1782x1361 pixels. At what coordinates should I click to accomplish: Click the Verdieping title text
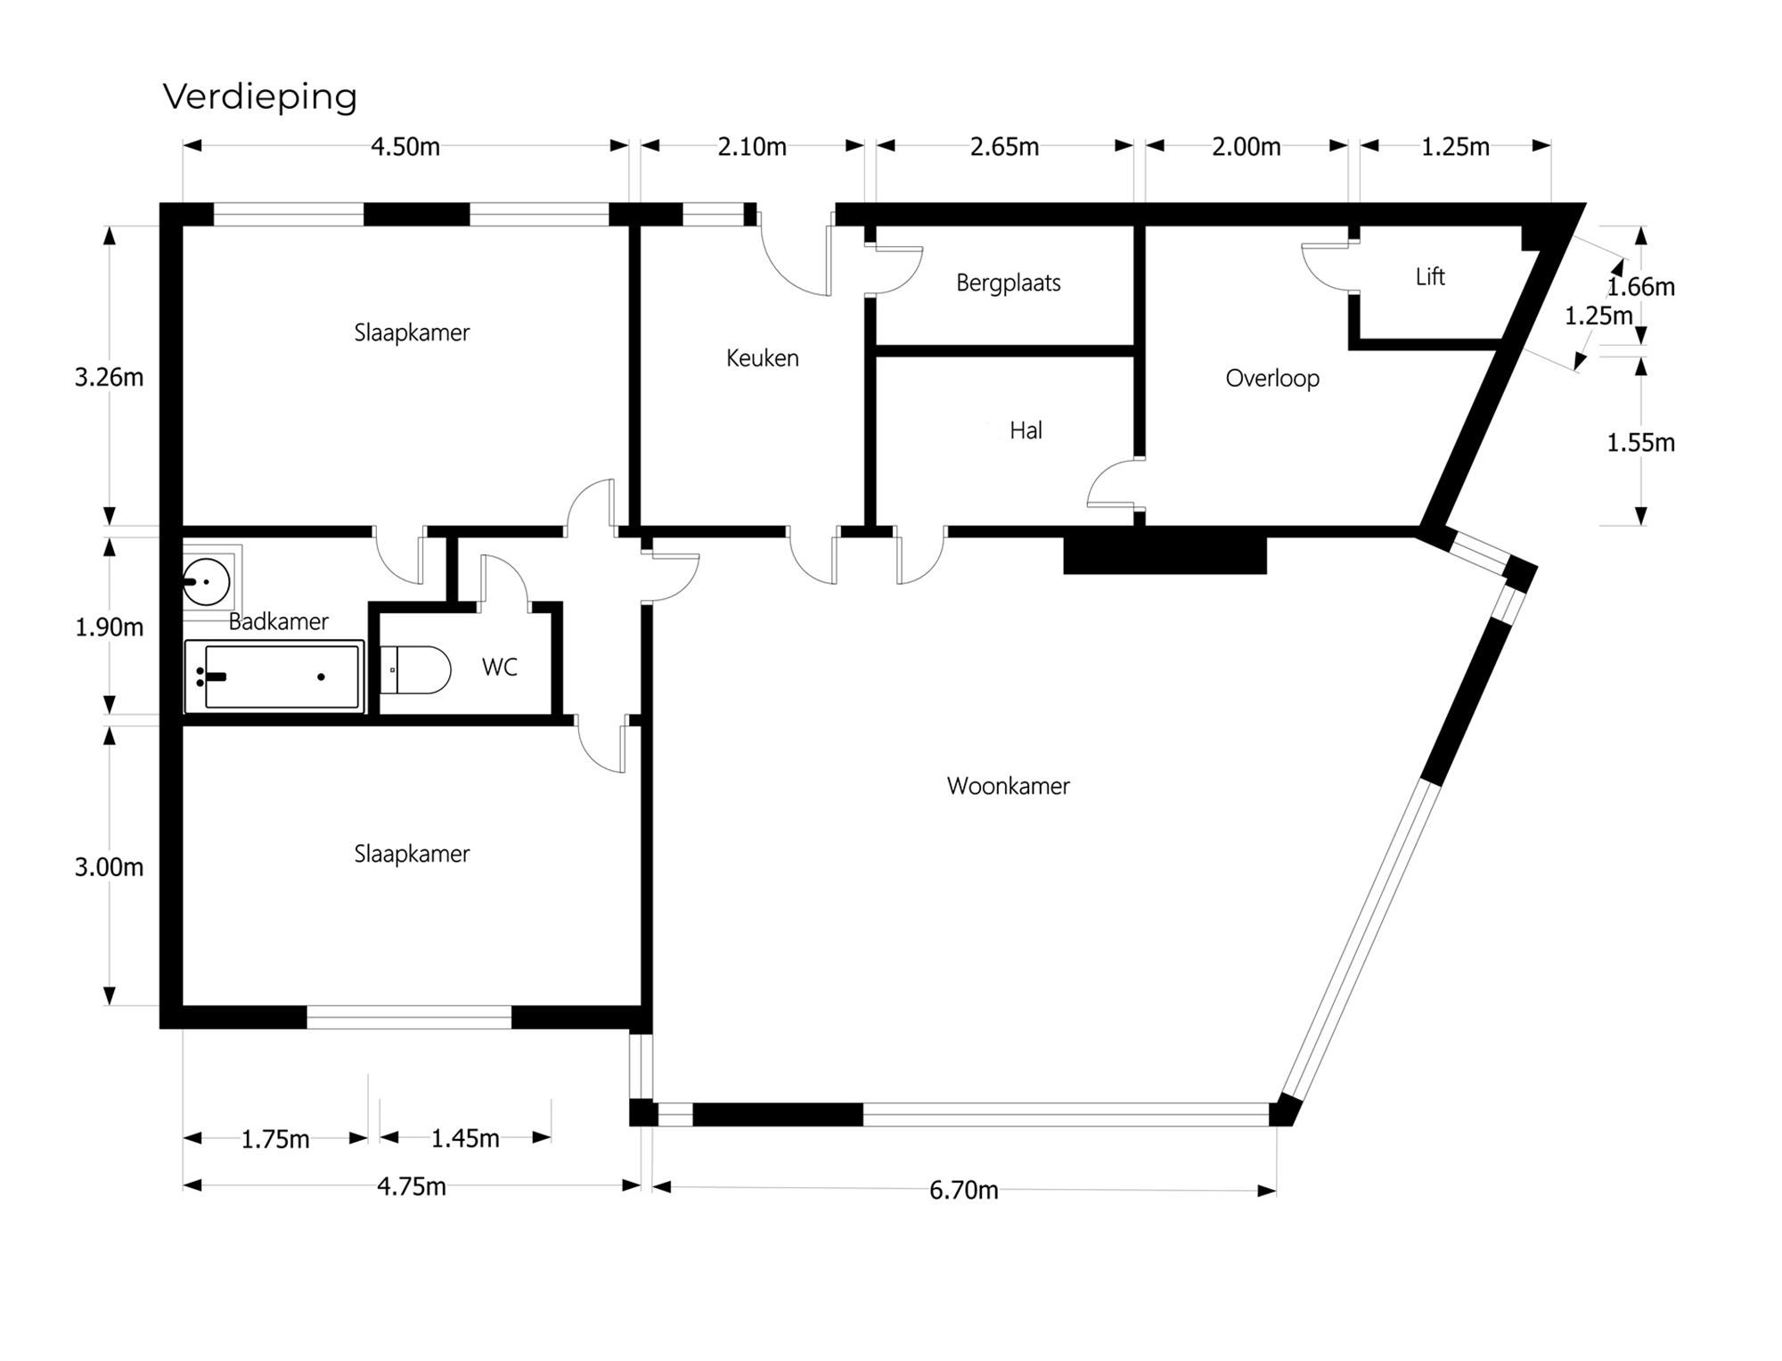tap(259, 96)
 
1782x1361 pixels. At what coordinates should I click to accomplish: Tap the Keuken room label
tap(762, 358)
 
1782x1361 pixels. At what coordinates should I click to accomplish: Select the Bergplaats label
tap(1008, 283)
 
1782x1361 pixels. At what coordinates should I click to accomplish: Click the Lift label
tap(1429, 277)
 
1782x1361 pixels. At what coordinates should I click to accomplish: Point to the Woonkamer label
tap(1008, 786)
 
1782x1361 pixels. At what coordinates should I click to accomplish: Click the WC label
tap(499, 668)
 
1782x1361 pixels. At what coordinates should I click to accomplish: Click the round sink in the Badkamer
tap(207, 582)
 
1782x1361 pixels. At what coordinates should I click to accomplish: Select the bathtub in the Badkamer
tap(274, 677)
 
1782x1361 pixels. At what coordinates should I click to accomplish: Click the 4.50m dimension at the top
tap(405, 147)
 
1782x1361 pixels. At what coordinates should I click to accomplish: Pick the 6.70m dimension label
tap(963, 1190)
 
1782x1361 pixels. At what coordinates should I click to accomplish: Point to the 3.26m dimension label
tap(109, 378)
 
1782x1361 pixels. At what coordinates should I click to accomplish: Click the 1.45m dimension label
tap(465, 1138)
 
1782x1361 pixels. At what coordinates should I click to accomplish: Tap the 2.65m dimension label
tap(1004, 147)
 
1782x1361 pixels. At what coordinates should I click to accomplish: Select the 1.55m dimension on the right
tap(1639, 443)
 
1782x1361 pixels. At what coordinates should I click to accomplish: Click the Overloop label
tap(1271, 379)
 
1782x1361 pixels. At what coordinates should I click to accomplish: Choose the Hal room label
tap(1026, 431)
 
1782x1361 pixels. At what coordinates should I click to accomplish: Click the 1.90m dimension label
tap(109, 627)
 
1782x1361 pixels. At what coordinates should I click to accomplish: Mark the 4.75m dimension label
tap(411, 1186)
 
